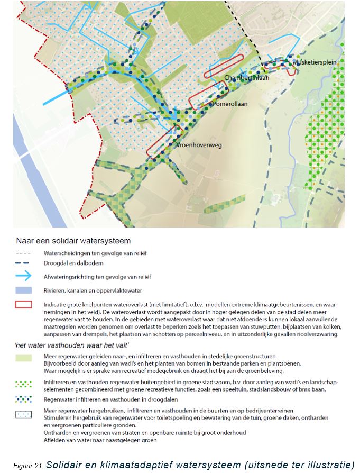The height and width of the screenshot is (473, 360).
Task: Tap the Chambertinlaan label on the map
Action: click(247, 78)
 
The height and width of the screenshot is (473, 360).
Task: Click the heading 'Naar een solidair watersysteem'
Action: click(73, 241)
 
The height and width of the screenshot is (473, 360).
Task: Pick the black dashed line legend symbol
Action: click(24, 253)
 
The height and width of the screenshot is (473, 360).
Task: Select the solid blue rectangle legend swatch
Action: click(24, 290)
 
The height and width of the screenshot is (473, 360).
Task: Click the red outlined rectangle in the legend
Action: click(24, 304)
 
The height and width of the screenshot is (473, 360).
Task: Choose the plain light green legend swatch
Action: click(24, 358)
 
